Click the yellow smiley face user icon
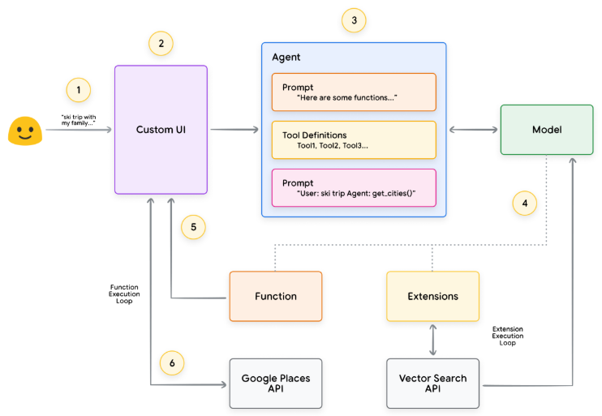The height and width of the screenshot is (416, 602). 25,131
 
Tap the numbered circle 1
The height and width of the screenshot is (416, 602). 79,90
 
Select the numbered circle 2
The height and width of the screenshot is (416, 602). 161,43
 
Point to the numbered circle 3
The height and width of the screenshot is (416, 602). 354,20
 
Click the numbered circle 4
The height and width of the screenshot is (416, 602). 524,204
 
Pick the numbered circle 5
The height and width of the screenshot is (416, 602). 193,227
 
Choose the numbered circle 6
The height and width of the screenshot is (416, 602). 172,363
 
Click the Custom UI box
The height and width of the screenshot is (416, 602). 161,130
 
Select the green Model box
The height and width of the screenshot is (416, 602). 547,130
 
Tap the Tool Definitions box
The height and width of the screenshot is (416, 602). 354,140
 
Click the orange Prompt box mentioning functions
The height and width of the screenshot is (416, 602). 354,92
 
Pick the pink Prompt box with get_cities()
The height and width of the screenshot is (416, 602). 354,188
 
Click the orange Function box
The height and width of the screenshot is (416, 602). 276,296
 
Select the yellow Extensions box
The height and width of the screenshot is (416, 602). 432,296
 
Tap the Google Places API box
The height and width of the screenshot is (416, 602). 276,384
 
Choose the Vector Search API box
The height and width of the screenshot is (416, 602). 432,384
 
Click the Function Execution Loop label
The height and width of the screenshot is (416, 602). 124,294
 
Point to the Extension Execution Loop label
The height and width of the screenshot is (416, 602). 508,336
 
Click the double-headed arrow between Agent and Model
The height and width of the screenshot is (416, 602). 473,130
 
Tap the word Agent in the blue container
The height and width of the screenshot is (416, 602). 286,58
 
